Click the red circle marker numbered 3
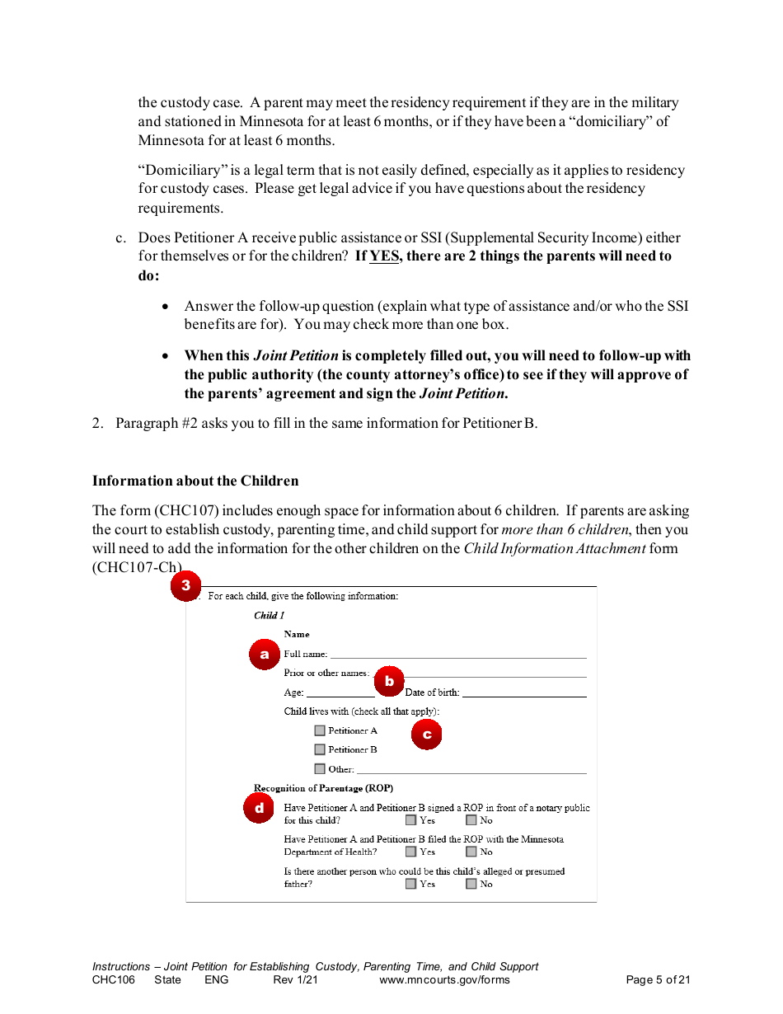pyautogui.click(x=185, y=586)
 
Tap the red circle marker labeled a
pyautogui.click(x=264, y=655)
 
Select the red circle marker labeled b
pyautogui.click(x=389, y=682)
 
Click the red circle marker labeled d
pyautogui.click(x=259, y=809)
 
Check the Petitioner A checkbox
pyautogui.click(x=320, y=730)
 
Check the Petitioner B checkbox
pyautogui.click(x=320, y=749)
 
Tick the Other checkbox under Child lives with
pyautogui.click(x=320, y=769)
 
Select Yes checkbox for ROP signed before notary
pyautogui.click(x=410, y=820)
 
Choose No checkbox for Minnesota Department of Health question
pyautogui.click(x=471, y=852)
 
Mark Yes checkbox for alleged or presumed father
pyautogui.click(x=410, y=884)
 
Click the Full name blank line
pyautogui.click(x=457, y=655)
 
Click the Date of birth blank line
pyautogui.click(x=524, y=693)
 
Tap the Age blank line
pyautogui.click(x=340, y=693)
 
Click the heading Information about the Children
pyautogui.click(x=195, y=481)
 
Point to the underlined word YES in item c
pyautogui.click(x=383, y=256)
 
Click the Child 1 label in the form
pyautogui.click(x=269, y=615)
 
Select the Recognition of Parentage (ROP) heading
pyautogui.click(x=323, y=788)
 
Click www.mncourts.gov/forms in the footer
pyautogui.click(x=444, y=980)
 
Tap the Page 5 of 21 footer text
pyautogui.click(x=658, y=980)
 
